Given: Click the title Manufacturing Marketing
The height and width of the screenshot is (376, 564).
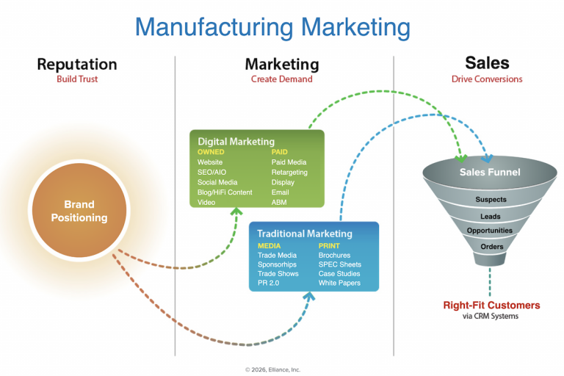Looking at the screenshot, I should tap(272, 27).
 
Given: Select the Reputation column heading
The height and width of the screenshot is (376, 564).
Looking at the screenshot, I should tap(77, 65).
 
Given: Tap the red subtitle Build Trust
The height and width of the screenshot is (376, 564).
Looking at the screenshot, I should tap(77, 79).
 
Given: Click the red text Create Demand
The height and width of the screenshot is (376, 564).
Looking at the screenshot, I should tap(281, 79).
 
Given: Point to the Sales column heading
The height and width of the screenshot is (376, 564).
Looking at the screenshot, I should tap(487, 63).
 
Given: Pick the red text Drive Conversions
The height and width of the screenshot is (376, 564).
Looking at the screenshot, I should tap(487, 79).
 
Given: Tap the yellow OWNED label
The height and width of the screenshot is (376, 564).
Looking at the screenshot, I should tap(211, 152).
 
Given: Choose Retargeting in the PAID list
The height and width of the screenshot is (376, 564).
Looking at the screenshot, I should tap(289, 172).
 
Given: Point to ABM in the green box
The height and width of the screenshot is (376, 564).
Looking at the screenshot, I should tap(279, 202).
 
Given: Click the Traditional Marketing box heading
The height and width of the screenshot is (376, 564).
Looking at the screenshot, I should tap(305, 234).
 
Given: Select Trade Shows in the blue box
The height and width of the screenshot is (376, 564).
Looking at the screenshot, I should tap(277, 273).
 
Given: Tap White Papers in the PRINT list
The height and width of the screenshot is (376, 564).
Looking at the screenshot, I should tap(340, 283).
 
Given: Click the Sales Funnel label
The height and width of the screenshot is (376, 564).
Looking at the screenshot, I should tap(490, 172).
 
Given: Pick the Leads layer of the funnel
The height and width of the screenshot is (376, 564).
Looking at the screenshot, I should tap(491, 217).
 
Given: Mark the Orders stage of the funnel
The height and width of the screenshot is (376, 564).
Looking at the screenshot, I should tap(491, 247).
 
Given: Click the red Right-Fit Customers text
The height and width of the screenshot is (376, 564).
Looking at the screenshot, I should tap(491, 305).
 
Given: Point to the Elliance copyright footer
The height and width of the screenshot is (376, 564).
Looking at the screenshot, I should tap(272, 369).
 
